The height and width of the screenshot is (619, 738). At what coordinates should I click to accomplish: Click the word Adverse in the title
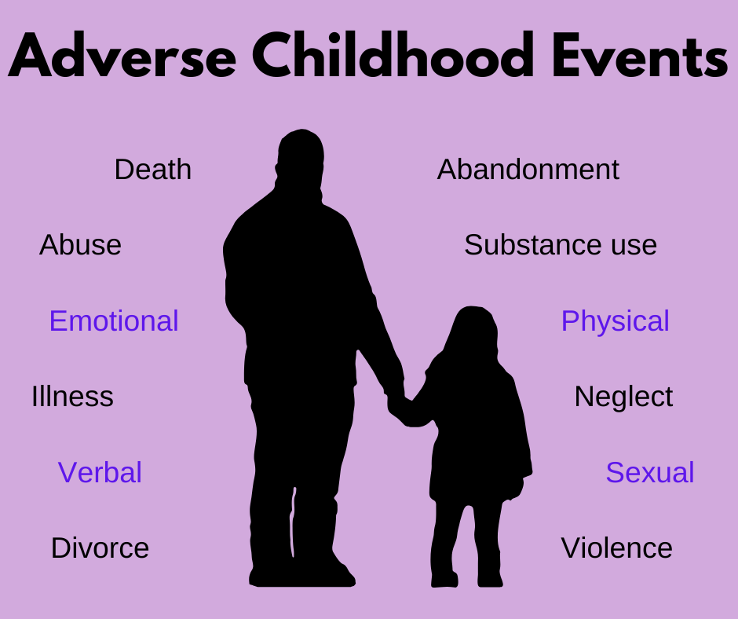122,55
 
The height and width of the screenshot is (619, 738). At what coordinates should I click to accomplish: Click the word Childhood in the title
393,55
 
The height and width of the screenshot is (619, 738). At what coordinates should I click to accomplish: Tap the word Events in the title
640,55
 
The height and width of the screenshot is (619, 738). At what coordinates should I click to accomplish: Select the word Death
153,170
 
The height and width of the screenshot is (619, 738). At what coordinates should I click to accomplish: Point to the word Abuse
81,245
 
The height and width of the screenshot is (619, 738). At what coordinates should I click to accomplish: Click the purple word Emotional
114,320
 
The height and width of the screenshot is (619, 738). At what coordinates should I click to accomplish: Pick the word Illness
72,396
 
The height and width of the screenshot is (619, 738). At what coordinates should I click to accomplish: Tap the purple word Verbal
100,472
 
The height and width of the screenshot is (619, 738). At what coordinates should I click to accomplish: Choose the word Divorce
100,548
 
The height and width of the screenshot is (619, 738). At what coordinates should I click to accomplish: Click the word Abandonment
528,170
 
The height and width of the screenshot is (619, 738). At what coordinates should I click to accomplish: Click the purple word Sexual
650,472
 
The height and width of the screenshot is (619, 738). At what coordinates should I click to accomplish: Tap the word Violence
616,548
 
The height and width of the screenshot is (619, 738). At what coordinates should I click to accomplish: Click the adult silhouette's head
300,158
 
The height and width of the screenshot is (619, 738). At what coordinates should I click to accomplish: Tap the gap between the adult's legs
294,523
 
